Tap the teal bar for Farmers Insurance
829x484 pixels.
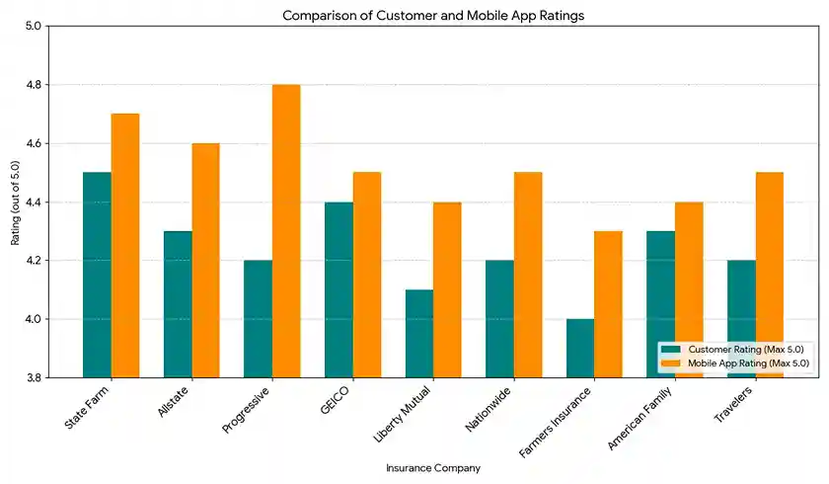click(580, 348)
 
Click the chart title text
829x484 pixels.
click(433, 15)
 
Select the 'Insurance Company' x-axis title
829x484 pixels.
click(433, 468)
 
